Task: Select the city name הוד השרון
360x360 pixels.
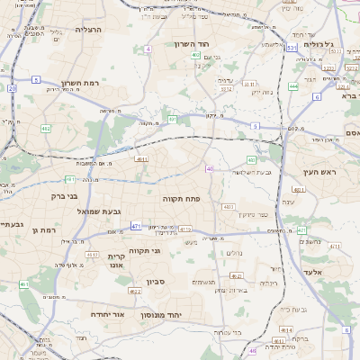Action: [191, 43]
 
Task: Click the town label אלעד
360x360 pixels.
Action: [337, 271]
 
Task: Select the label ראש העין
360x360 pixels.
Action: [319, 171]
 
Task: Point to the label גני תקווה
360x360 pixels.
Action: [144, 251]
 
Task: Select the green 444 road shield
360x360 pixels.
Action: [294, 87]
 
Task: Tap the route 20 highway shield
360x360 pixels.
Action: [12, 88]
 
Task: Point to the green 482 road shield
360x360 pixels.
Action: [46, 129]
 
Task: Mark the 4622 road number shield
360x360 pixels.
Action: [135, 291]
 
